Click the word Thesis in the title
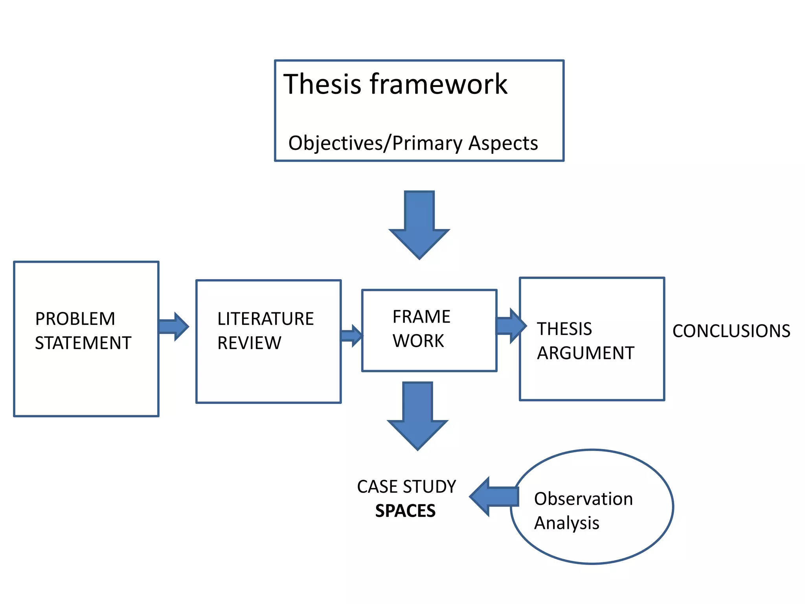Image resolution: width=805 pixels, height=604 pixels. coord(322,84)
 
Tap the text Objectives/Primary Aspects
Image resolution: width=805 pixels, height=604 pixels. coord(413,143)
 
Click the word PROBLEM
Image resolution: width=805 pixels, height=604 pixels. coord(75,319)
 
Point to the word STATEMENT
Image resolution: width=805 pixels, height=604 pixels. coord(83,343)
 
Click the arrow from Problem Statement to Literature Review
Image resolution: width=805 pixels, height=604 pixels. coord(173,326)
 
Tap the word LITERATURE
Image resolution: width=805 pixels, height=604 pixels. coord(265,319)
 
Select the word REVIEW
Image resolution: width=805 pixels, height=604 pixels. coord(249,343)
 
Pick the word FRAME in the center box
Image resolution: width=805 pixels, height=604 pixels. coord(421,317)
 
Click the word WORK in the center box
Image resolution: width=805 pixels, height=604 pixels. coord(418,341)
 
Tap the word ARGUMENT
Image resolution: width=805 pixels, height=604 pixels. coord(586,353)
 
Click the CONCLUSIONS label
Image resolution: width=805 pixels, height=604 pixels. coord(731,331)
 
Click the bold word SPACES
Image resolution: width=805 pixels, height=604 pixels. coord(405,511)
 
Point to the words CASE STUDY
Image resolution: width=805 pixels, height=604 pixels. coord(406,487)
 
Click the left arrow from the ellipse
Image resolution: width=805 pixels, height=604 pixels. coord(493,496)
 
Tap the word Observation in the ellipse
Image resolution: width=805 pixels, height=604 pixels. coord(583,499)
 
